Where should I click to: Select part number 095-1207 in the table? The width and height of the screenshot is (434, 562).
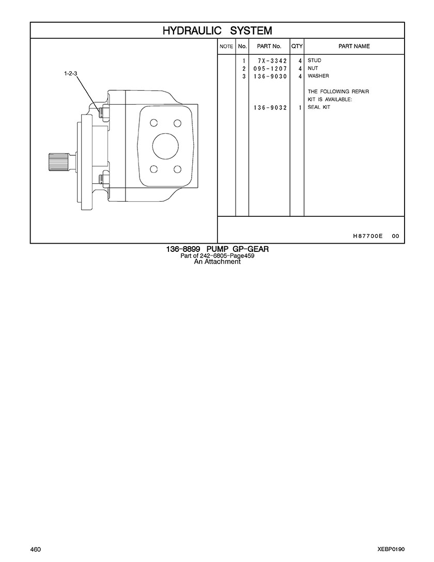tap(270, 69)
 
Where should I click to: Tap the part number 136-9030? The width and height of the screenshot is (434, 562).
tap(270, 76)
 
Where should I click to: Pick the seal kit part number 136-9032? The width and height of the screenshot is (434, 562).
tap(270, 107)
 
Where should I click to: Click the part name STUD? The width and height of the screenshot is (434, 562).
tap(315, 60)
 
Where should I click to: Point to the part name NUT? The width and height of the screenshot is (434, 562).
tap(313, 68)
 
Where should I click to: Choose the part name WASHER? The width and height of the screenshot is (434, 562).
tap(318, 76)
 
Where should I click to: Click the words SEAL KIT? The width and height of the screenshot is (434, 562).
tap(319, 107)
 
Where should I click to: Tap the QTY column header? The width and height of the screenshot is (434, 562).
tap(297, 46)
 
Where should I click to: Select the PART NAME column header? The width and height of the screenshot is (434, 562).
tap(354, 46)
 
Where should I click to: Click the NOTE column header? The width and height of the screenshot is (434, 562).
tap(226, 46)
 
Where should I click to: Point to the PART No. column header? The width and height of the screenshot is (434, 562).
tap(269, 46)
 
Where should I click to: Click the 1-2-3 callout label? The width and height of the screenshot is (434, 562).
tap(70, 73)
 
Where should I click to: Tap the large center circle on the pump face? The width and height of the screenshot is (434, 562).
tap(166, 146)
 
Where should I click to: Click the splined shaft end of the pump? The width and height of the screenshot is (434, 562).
tap(58, 162)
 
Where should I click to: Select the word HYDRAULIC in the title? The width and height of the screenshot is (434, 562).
tap(192, 31)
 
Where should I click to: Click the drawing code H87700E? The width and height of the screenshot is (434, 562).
tap(368, 236)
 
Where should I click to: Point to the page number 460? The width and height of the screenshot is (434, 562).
tap(36, 550)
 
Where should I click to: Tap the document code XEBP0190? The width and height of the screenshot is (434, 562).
tap(391, 550)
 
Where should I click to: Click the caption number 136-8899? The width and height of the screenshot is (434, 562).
tap(183, 249)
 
